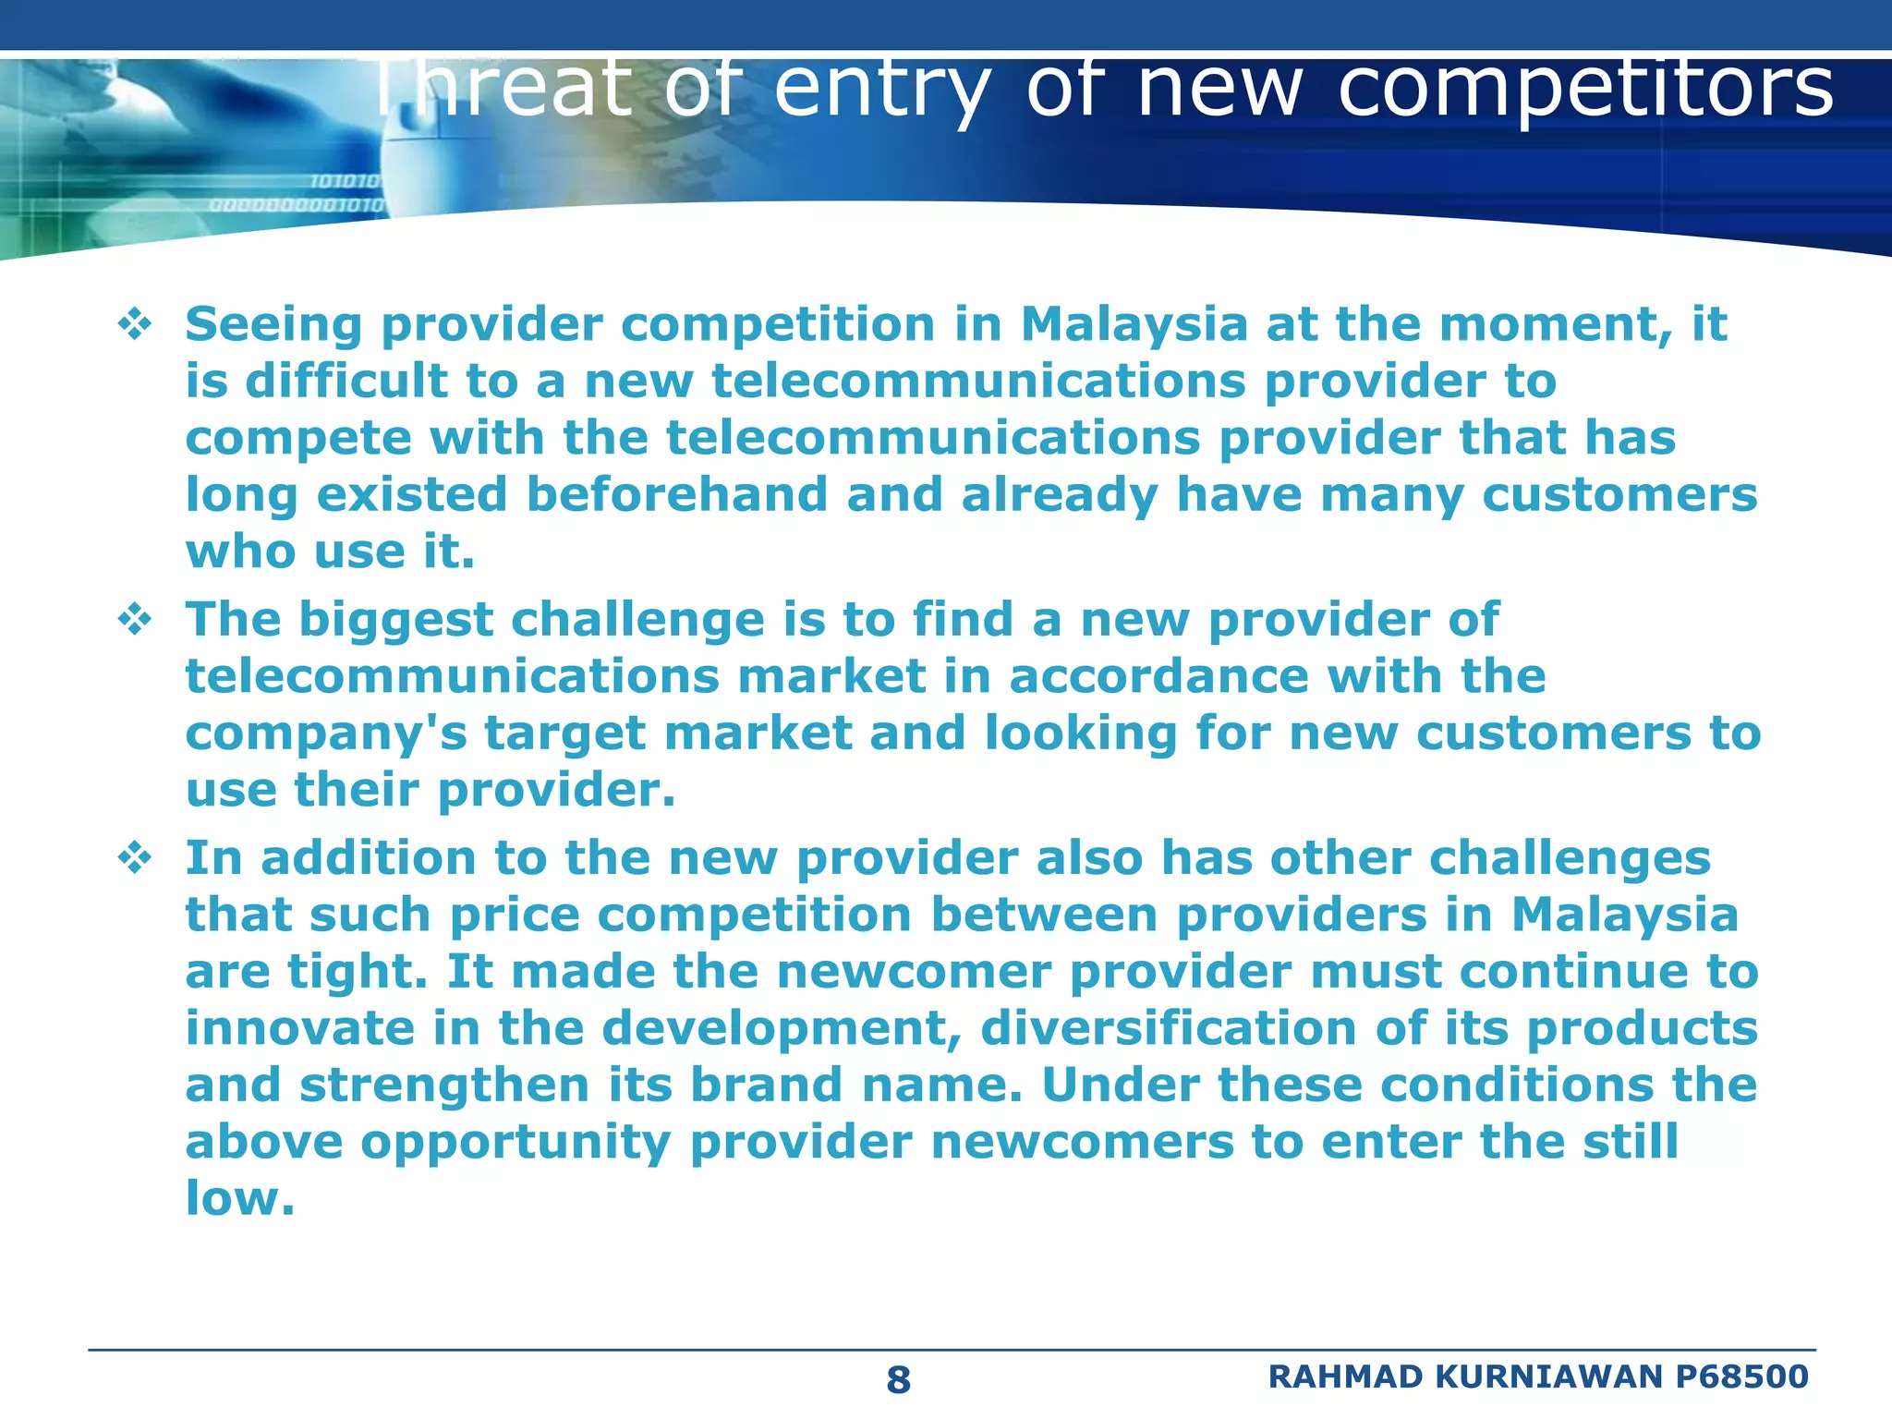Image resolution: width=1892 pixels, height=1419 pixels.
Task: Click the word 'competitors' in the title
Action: [x=1585, y=90]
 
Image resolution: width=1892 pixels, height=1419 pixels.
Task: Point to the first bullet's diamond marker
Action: [x=135, y=324]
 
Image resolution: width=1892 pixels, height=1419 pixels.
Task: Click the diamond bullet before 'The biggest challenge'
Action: [x=135, y=619]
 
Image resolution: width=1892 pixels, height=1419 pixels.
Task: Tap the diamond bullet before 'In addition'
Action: [x=135, y=858]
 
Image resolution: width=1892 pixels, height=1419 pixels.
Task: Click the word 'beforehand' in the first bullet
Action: [x=677, y=494]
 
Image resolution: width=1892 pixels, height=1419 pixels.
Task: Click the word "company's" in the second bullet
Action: [x=326, y=734]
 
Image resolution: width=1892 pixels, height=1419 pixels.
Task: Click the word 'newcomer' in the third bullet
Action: [x=914, y=972]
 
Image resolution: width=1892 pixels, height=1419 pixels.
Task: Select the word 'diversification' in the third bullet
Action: [x=1169, y=1028]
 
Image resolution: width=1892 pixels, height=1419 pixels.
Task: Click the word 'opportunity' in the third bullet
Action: [x=515, y=1144]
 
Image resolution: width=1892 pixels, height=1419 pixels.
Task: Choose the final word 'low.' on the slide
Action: [x=240, y=1198]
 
